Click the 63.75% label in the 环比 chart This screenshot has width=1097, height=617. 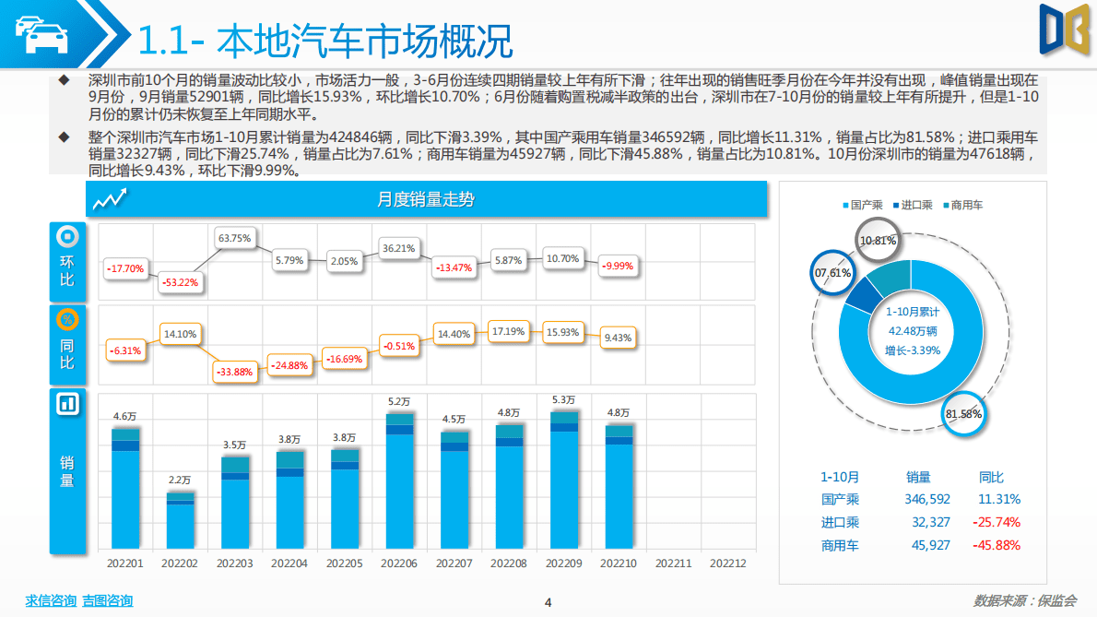[234, 238]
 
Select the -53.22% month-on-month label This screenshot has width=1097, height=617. [180, 282]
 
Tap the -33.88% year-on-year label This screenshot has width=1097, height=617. [234, 372]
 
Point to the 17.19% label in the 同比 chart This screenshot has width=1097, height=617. [508, 330]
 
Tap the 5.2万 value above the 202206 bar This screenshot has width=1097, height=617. [399, 401]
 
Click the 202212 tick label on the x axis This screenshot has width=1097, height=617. [728, 563]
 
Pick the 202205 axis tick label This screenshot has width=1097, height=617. [344, 563]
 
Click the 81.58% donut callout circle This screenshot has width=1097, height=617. [963, 414]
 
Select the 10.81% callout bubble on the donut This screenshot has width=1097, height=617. [878, 242]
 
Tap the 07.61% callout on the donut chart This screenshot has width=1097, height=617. [832, 273]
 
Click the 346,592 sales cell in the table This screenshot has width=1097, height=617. [927, 499]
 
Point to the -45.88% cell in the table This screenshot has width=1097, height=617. [996, 545]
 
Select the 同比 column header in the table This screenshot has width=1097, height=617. [991, 477]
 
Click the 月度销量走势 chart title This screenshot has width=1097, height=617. [426, 199]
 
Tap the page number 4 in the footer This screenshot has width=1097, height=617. [548, 603]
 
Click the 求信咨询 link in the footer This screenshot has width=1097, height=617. [51, 601]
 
